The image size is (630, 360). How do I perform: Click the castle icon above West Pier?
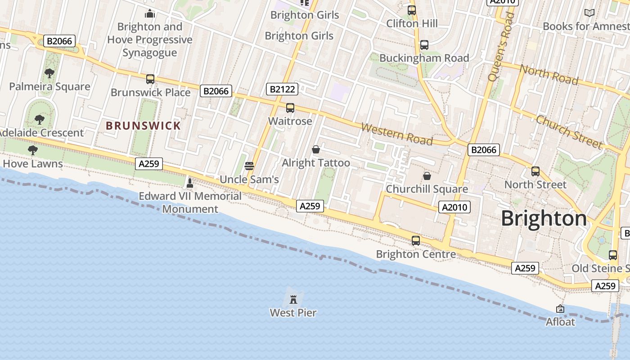click(x=293, y=299)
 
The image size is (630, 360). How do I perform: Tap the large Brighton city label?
click(x=544, y=219)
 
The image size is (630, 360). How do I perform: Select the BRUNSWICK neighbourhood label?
click(x=143, y=126)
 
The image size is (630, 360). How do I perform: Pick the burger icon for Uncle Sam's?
click(x=249, y=166)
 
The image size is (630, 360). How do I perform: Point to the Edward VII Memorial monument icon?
click(x=189, y=183)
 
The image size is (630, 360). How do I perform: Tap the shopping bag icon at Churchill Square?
click(x=427, y=175)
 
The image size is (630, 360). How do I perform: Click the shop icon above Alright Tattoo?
click(x=316, y=149)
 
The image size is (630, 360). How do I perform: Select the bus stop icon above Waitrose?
click(x=290, y=108)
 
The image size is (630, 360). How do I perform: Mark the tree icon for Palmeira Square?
click(x=49, y=73)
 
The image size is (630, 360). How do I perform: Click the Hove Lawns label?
click(x=33, y=163)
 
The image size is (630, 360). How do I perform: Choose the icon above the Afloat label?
click(x=560, y=309)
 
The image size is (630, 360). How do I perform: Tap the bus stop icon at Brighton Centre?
click(x=416, y=241)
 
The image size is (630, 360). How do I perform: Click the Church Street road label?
click(x=569, y=132)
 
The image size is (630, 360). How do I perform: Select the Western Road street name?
click(x=396, y=134)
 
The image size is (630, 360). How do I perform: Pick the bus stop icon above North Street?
click(x=535, y=171)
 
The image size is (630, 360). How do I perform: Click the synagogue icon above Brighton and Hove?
click(x=150, y=14)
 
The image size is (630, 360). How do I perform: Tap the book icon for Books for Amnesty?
click(x=589, y=13)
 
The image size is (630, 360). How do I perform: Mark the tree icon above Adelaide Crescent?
click(x=40, y=119)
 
